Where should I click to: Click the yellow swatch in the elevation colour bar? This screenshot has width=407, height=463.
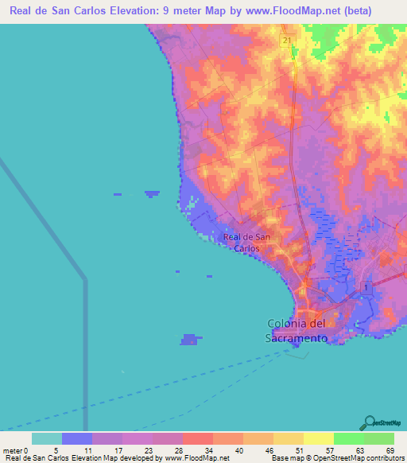pyautogui.click(x=318, y=438)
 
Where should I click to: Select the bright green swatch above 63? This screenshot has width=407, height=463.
pyautogui.click(x=348, y=438)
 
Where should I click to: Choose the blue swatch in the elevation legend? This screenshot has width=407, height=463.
pyautogui.click(x=77, y=438)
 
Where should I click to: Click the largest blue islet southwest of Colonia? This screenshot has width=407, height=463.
pyautogui.click(x=189, y=339)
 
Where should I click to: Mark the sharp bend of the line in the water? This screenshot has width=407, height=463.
pyautogui.click(x=85, y=278)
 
